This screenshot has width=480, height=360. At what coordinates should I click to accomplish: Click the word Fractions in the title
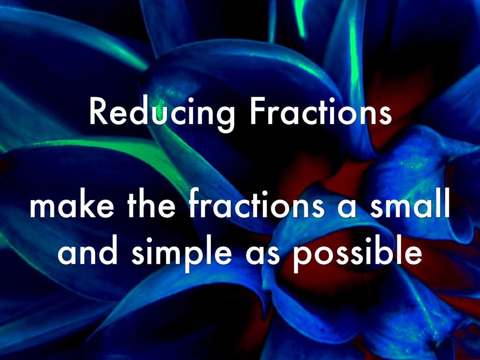coord(321,111)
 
